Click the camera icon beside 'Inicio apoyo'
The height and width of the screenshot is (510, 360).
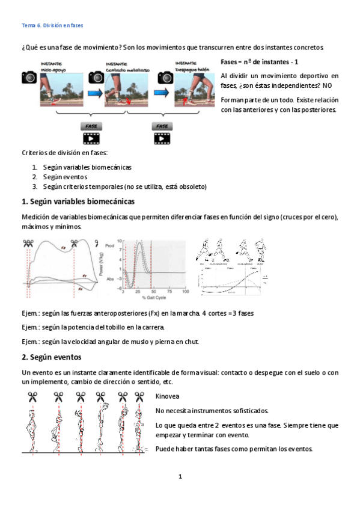click(29, 77)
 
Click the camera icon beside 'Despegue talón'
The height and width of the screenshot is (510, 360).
click(165, 77)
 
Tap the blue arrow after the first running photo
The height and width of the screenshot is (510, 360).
click(93, 93)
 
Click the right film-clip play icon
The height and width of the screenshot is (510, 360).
click(162, 139)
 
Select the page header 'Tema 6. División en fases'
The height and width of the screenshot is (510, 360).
click(52, 26)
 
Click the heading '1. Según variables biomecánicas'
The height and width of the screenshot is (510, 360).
click(78, 201)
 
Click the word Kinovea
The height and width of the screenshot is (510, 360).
click(167, 397)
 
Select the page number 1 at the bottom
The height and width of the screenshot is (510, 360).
click(180, 477)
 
